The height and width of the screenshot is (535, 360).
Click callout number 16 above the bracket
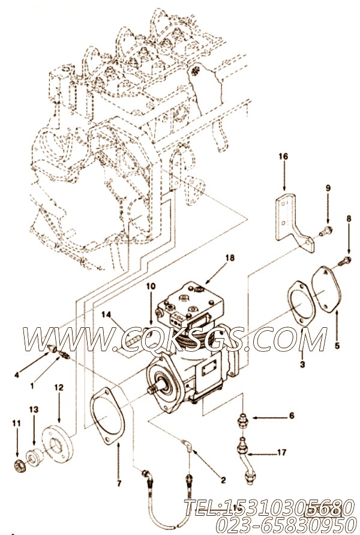[x=283, y=157]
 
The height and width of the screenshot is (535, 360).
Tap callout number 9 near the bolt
[x=328, y=188]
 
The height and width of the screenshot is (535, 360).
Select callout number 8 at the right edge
[x=349, y=219]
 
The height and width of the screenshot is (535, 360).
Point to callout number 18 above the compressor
[x=230, y=258]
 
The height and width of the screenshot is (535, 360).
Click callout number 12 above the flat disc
[x=59, y=388]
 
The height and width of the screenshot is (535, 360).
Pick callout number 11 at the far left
[x=16, y=423]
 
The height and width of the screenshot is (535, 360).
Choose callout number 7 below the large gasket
[x=119, y=483]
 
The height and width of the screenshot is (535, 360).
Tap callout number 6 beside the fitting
[x=292, y=416]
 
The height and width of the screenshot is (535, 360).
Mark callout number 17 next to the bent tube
[x=281, y=452]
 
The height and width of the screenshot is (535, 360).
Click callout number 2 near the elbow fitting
[x=223, y=480]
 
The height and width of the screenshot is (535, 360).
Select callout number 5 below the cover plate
[x=337, y=346]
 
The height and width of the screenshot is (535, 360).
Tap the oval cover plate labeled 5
[x=327, y=290]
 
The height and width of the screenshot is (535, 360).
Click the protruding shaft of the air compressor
[x=152, y=389]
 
